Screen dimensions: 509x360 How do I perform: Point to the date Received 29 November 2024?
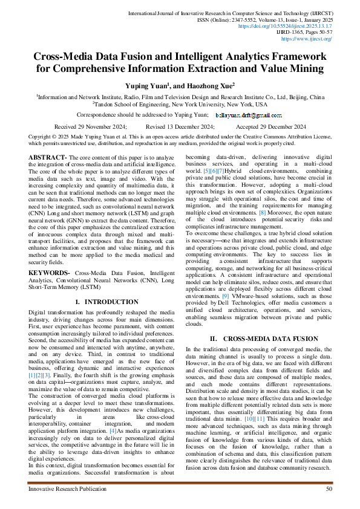pyautogui.click(x=91, y=126)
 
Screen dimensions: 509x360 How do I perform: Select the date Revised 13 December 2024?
pyautogui.click(x=180, y=126)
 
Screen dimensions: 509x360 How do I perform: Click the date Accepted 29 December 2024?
pyautogui.click(x=270, y=126)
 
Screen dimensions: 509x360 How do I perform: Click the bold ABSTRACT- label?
pyautogui.click(x=48, y=157)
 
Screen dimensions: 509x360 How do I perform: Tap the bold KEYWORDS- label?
pyautogui.click(x=49, y=273)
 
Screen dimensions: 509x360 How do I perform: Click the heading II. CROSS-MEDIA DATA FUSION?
pyautogui.click(x=259, y=339)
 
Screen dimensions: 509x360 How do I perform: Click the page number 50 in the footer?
pyautogui.click(x=329, y=488)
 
